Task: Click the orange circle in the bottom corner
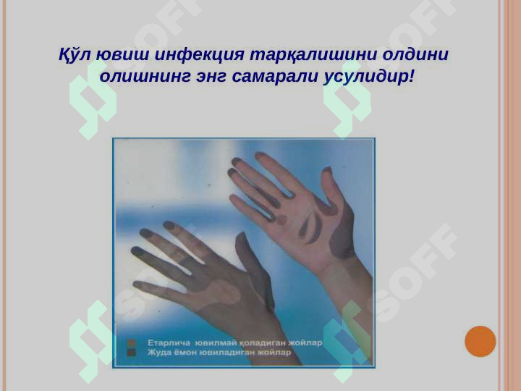[480, 341]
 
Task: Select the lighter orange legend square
[132, 342]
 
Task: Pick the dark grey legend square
[132, 352]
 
